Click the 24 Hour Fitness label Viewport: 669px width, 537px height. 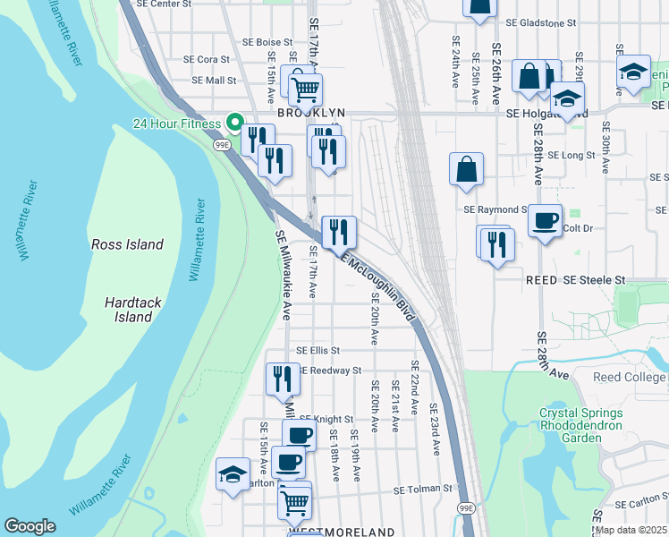[x=176, y=124]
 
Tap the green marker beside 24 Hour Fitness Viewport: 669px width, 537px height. [x=234, y=123]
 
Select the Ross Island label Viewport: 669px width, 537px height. [x=128, y=244]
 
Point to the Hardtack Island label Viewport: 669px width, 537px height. [x=132, y=310]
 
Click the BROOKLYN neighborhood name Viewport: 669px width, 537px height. [x=310, y=113]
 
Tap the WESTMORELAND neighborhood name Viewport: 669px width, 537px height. [x=342, y=532]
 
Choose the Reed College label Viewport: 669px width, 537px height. [x=630, y=377]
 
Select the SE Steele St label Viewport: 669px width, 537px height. [x=593, y=280]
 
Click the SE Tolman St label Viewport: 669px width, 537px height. [x=425, y=490]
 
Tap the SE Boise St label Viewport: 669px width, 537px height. [x=267, y=42]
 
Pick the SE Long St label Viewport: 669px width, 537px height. [x=571, y=155]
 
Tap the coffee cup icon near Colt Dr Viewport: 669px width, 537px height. [x=545, y=219]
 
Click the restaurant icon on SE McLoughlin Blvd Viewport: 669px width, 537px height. [x=339, y=232]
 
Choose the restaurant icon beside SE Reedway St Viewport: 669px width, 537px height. [x=283, y=378]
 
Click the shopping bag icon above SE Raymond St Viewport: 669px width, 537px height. [x=466, y=168]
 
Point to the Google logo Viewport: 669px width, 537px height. [x=30, y=526]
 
